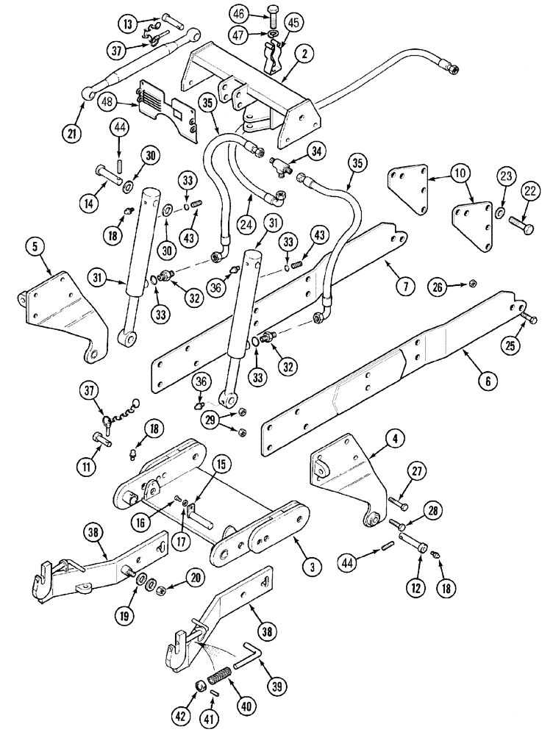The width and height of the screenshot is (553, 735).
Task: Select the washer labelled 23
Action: click(x=499, y=213)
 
